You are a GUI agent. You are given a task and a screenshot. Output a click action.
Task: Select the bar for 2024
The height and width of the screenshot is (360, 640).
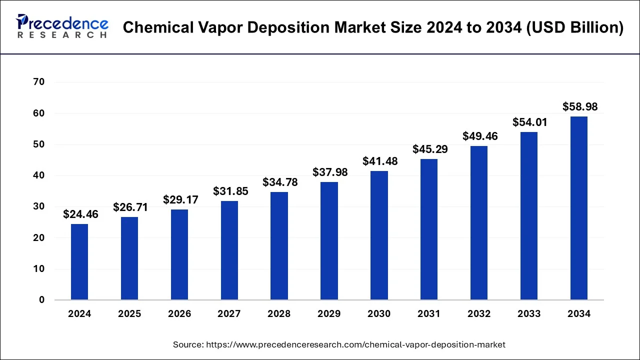(79, 262)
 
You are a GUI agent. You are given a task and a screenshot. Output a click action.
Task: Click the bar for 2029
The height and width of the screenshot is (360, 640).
(329, 241)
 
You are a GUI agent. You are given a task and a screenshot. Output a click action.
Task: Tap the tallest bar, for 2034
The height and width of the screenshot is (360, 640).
(579, 208)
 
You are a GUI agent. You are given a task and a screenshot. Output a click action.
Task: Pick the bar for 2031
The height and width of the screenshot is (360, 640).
(429, 229)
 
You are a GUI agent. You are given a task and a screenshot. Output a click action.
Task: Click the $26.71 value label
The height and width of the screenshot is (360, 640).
(130, 207)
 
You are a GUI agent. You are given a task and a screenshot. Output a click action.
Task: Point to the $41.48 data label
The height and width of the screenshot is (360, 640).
(380, 161)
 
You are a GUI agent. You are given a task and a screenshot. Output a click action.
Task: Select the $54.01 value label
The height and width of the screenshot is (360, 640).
(530, 122)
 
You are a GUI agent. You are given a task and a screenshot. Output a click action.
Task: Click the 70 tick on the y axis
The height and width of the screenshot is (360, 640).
(39, 82)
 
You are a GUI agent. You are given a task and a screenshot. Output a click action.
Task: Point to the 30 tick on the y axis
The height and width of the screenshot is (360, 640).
(39, 206)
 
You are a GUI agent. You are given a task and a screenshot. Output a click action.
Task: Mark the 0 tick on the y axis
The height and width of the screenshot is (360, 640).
(42, 300)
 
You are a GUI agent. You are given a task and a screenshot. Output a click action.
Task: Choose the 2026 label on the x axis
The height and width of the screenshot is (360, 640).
(179, 314)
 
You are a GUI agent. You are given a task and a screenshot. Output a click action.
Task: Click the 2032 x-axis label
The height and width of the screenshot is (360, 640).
(479, 314)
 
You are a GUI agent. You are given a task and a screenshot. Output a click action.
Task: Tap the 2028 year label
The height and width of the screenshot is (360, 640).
(279, 314)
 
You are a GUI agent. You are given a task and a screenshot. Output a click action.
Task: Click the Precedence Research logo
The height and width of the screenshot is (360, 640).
(62, 26)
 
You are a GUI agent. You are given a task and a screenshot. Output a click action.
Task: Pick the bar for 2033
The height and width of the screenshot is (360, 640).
(529, 216)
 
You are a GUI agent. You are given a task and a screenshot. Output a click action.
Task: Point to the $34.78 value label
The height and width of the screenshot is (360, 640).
(280, 182)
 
